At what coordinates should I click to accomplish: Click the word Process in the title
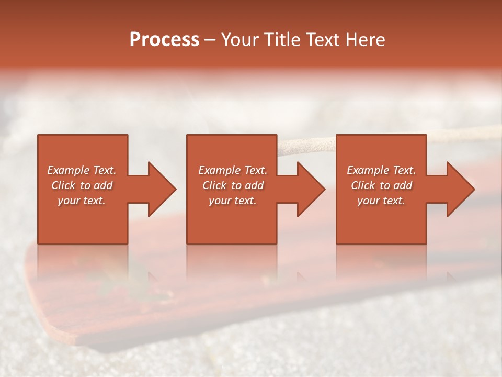click(164, 40)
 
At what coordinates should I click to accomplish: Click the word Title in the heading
click(281, 40)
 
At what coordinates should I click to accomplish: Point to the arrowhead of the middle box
click(310, 189)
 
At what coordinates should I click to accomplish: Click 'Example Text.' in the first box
click(82, 170)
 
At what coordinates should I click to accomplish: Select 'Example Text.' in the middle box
click(233, 170)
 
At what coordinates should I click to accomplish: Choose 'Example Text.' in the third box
click(382, 170)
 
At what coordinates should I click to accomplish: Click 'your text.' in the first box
click(82, 201)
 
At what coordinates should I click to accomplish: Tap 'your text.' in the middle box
click(233, 201)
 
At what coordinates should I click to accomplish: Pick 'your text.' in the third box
click(381, 201)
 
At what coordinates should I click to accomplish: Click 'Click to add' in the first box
click(82, 185)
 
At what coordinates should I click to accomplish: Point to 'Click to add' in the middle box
click(233, 185)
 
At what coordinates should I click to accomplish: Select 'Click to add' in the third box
click(382, 185)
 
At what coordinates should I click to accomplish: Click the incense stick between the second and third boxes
click(306, 145)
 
